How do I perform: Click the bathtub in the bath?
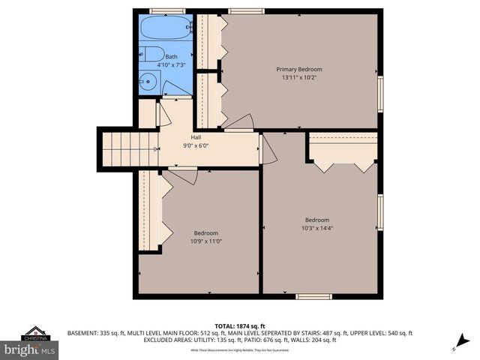[166, 29]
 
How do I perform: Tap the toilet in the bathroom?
[152, 54]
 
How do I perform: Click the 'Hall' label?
[196, 137]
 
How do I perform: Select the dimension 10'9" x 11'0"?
[206, 241]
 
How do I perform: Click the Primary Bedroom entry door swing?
[241, 122]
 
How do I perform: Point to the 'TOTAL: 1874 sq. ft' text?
[240, 326]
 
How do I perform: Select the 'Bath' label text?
[172, 57]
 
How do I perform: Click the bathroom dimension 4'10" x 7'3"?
[172, 65]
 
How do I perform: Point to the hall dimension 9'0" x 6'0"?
[196, 145]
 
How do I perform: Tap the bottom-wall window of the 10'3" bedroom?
[313, 297]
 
